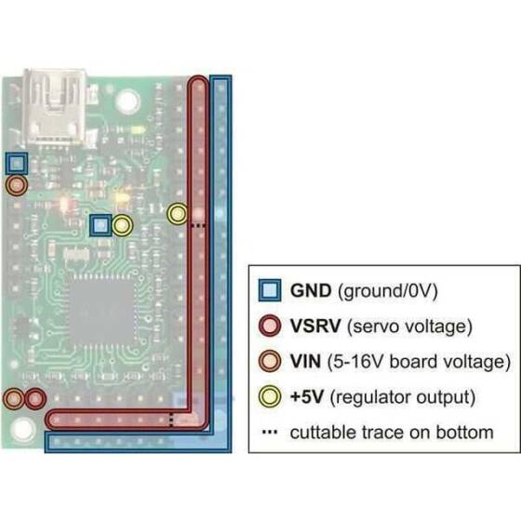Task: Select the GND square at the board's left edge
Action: pos(16,164)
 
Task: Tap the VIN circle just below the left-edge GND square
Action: pos(16,185)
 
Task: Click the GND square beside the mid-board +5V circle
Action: pos(100,224)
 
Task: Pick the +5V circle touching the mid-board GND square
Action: pos(121,224)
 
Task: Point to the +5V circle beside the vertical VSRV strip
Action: pos(177,214)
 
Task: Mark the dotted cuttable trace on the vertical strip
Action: pos(196,224)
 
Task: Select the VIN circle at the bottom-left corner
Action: pos(14,400)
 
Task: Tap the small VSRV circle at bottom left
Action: pos(35,400)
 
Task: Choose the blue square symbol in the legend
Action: pos(270,290)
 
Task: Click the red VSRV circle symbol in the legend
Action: pos(270,326)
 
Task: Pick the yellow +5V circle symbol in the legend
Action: pos(270,397)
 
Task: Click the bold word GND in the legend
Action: pos(312,290)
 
